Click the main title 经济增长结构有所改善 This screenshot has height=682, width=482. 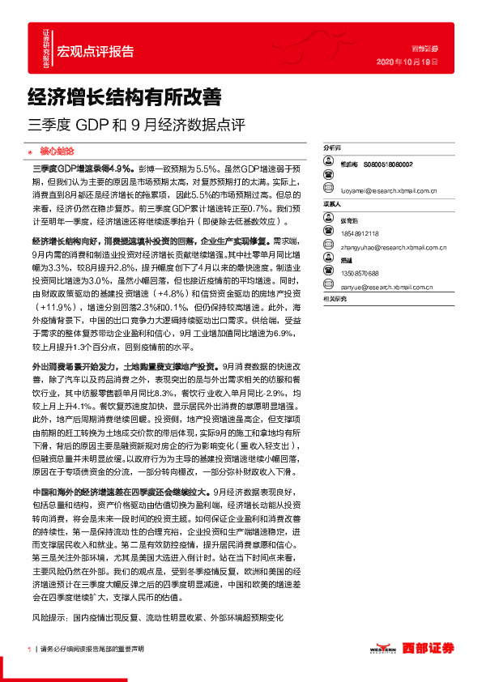(125, 98)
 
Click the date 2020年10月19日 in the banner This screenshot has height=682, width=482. (408, 62)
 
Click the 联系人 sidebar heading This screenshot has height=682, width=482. (334, 204)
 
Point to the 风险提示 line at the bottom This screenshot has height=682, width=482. (158, 616)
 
